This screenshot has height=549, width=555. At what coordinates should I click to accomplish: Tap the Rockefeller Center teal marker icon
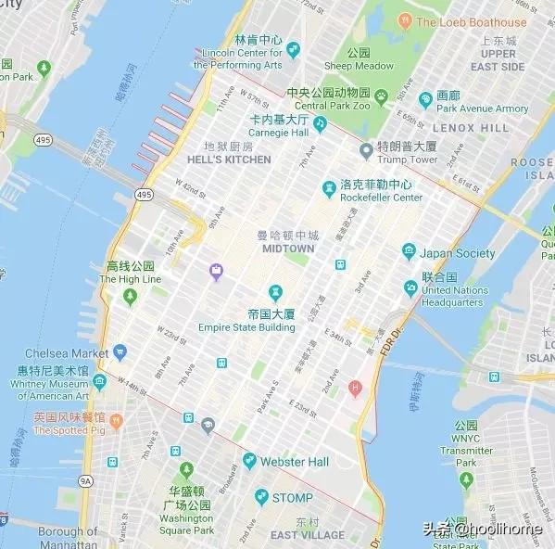click(329, 189)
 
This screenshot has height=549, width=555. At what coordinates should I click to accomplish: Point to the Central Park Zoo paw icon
click(381, 96)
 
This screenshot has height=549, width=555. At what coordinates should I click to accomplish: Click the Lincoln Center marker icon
click(294, 49)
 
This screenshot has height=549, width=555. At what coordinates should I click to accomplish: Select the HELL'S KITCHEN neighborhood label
click(229, 160)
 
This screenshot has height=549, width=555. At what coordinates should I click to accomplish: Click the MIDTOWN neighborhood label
click(287, 249)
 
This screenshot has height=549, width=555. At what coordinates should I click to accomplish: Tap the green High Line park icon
click(130, 296)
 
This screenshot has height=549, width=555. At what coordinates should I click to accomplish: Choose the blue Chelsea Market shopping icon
click(120, 353)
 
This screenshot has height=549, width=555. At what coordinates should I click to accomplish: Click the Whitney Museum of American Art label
click(53, 384)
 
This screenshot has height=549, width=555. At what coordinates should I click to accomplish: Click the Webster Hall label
click(295, 462)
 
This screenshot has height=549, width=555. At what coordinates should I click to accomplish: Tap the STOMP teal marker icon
click(261, 498)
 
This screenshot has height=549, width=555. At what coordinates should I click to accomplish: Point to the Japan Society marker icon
click(410, 253)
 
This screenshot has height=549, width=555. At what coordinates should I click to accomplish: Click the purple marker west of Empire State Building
click(216, 271)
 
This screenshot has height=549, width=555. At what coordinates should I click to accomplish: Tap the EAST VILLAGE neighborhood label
click(307, 536)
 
